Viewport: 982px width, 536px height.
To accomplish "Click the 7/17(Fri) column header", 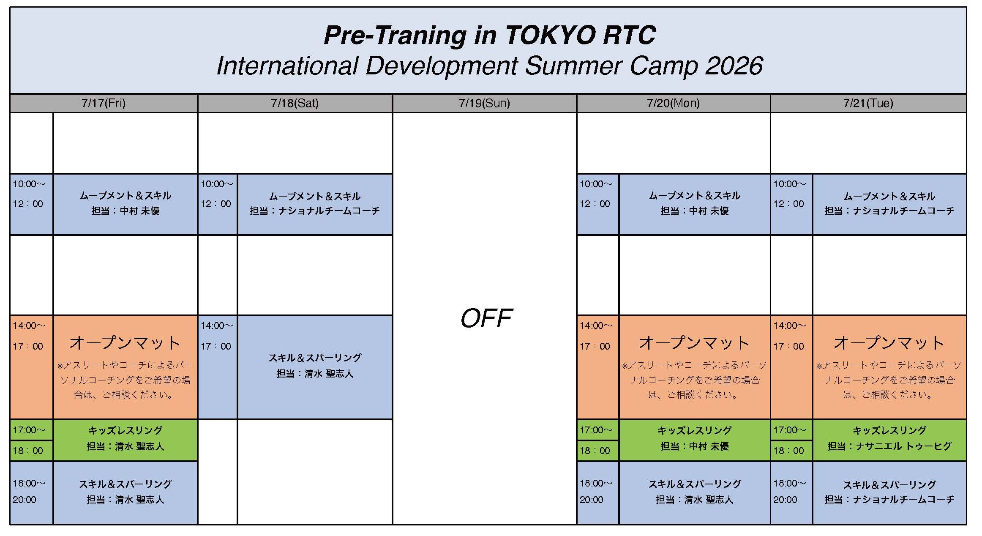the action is (x=104, y=103).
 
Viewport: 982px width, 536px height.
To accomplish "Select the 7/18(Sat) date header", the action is (x=295, y=103).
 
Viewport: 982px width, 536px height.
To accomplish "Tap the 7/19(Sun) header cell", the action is (x=484, y=103).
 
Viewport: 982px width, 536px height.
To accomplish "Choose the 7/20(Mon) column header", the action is (x=674, y=103).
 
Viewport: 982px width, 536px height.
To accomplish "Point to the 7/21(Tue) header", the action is (x=868, y=103).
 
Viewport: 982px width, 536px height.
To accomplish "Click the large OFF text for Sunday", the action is (x=486, y=318).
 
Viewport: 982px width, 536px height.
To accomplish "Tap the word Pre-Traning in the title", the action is (x=395, y=36).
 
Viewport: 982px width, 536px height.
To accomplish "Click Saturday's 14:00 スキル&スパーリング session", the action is (x=315, y=367).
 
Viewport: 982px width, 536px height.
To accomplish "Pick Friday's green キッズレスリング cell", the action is (x=125, y=440).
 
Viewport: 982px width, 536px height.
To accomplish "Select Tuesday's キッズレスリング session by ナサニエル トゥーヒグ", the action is (x=889, y=440).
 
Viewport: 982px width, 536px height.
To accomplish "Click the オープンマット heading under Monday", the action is (x=694, y=343).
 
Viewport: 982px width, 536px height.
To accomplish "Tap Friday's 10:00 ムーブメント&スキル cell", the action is (x=125, y=204).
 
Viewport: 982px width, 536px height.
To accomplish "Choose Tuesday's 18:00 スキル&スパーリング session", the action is (x=889, y=492).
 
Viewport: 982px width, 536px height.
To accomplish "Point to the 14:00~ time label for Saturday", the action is (x=216, y=326).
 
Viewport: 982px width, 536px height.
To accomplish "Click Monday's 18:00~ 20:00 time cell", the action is (x=597, y=492).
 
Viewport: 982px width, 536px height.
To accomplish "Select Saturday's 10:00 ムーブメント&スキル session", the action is (x=315, y=204).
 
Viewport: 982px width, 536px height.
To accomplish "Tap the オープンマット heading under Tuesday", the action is (x=889, y=343).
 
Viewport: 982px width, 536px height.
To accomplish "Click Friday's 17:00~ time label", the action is (x=29, y=430).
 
